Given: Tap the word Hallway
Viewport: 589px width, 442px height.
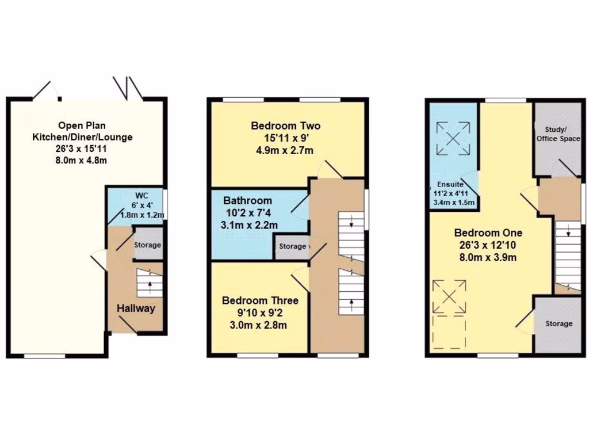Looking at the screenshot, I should (136, 308).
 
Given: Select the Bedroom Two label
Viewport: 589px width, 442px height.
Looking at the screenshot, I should (286, 126).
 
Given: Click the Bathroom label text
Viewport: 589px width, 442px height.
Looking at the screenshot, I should (248, 201).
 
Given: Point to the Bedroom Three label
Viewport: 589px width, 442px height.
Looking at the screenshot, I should (260, 300).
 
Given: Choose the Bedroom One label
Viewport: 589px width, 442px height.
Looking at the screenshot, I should (488, 233).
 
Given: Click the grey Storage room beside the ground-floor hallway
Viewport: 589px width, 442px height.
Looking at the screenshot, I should (148, 245).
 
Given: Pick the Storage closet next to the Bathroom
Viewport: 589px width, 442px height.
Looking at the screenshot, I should (292, 246).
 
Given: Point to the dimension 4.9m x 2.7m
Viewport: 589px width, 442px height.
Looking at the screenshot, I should (286, 151).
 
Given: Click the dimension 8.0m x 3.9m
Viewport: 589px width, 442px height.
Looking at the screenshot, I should (488, 257).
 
